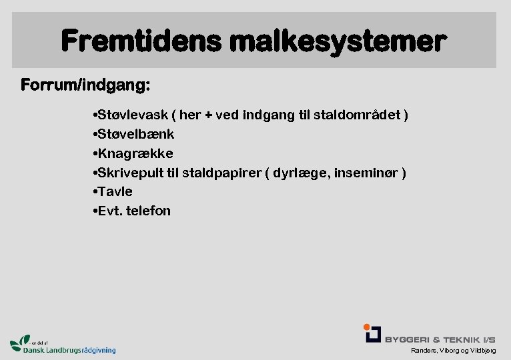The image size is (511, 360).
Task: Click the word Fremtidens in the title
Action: click(141, 41)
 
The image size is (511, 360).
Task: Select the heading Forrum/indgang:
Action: click(85, 86)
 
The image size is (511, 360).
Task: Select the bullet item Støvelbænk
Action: click(134, 134)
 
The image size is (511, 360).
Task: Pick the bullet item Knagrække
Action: click(133, 153)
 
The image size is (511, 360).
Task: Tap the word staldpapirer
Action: click(219, 173)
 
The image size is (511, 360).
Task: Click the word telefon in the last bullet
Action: click(150, 211)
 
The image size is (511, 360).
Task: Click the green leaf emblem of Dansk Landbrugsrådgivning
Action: click(21, 343)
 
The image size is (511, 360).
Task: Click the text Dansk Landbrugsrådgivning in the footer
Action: click(69, 350)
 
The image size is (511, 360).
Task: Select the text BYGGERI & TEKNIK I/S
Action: click(440, 339)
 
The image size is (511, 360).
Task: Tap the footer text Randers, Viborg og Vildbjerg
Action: click(453, 351)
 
